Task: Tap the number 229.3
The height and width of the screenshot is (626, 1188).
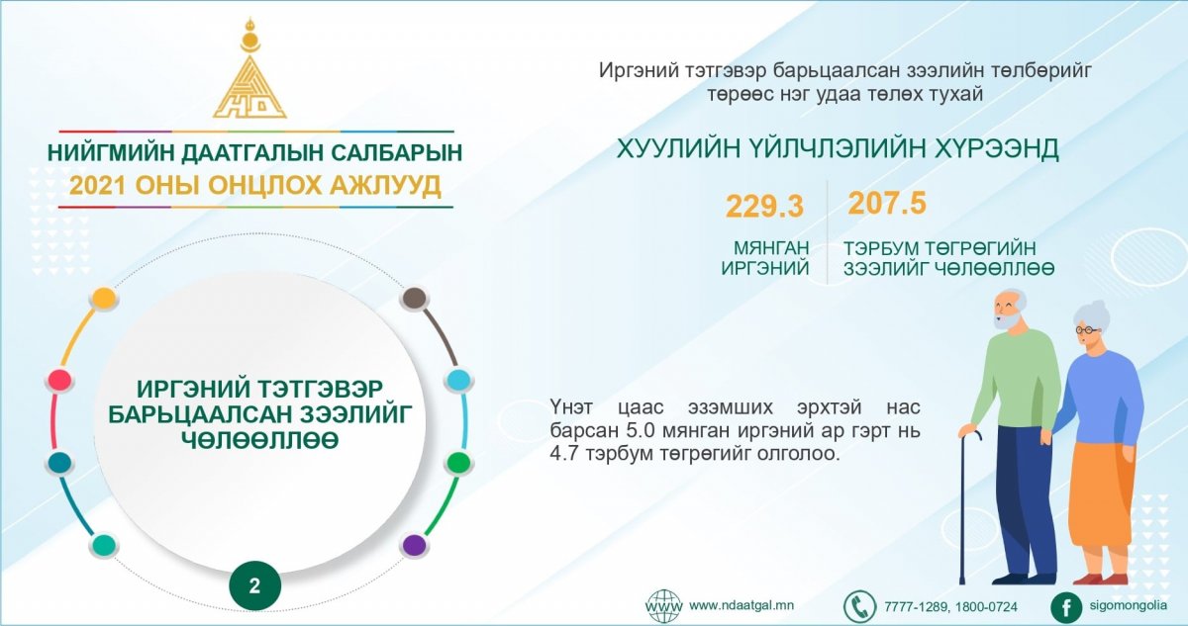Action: (764, 206)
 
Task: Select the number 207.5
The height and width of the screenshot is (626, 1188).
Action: (887, 203)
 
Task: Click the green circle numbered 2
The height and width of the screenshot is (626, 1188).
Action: (254, 586)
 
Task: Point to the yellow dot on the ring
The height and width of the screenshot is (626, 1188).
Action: (103, 299)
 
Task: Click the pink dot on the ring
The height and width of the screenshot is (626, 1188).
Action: (58, 381)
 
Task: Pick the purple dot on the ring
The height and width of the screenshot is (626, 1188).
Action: (414, 545)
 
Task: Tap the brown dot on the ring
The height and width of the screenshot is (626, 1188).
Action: (415, 298)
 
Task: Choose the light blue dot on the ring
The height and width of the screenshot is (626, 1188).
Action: (458, 381)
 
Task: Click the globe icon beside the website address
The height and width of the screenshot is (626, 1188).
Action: (664, 606)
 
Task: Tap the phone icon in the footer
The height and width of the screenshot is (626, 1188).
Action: (859, 606)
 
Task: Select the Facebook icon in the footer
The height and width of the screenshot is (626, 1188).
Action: (1066, 607)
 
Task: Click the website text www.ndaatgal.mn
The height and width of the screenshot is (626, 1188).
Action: (742, 605)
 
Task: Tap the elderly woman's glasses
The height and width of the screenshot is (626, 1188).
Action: (1086, 330)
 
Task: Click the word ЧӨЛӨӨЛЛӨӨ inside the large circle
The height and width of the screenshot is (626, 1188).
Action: (259, 441)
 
